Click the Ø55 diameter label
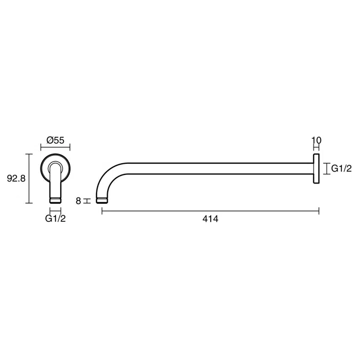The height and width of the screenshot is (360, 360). [55, 140]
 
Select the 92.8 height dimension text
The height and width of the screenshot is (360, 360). [16, 178]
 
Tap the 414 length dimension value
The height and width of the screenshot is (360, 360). [210, 219]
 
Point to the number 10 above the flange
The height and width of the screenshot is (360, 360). [317, 140]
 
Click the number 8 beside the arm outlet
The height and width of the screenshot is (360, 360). [78, 201]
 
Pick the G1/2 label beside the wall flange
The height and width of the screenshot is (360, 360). [341, 169]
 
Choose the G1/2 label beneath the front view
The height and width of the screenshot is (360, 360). [55, 219]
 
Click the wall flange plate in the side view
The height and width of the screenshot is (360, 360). [316, 169]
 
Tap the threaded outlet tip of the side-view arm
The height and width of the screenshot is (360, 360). [102, 200]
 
